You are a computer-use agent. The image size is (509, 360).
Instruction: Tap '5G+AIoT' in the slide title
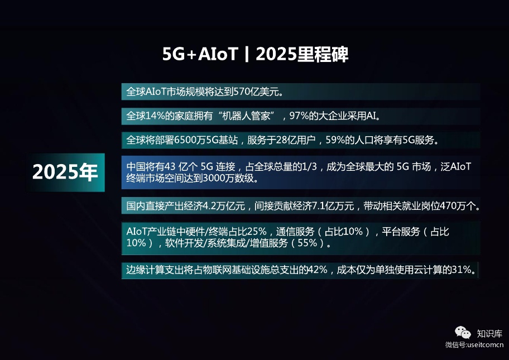200,54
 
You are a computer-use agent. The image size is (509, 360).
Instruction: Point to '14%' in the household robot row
155,116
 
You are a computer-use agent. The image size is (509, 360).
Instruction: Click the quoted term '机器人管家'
246,116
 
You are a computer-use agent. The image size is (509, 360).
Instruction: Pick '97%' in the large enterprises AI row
299,116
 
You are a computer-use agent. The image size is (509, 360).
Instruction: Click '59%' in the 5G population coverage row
335,140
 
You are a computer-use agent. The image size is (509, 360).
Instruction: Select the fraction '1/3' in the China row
309,166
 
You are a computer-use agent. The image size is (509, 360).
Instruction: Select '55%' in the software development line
307,243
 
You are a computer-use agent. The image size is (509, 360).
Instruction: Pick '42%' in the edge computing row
318,270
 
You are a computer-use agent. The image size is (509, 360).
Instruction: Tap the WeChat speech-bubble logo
463,333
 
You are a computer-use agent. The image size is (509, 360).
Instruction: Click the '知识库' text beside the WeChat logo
489,333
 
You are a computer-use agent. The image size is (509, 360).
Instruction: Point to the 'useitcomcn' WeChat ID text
486,345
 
